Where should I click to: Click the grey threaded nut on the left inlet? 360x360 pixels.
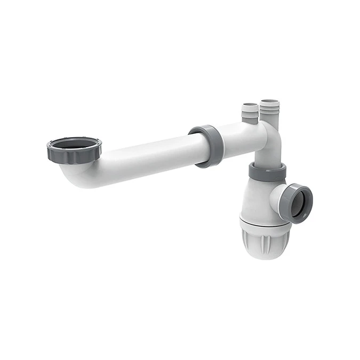74,153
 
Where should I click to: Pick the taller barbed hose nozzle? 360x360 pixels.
269,112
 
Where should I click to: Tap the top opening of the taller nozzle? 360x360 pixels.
269,101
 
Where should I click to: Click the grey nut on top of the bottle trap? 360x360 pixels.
267,172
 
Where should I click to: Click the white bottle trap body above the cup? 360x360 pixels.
256,200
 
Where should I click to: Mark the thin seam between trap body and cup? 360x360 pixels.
264,220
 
